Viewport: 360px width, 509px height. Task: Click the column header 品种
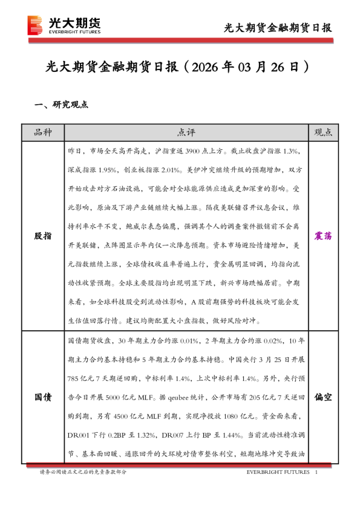coord(43,132)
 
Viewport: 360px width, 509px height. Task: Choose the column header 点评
coord(186,132)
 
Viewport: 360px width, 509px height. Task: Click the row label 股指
coord(43,236)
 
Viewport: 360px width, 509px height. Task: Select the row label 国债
coord(43,397)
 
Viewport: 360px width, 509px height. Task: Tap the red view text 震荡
coord(323,236)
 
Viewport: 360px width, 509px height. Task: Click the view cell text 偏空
coord(323,397)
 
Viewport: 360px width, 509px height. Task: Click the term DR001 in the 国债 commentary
coord(79,435)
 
